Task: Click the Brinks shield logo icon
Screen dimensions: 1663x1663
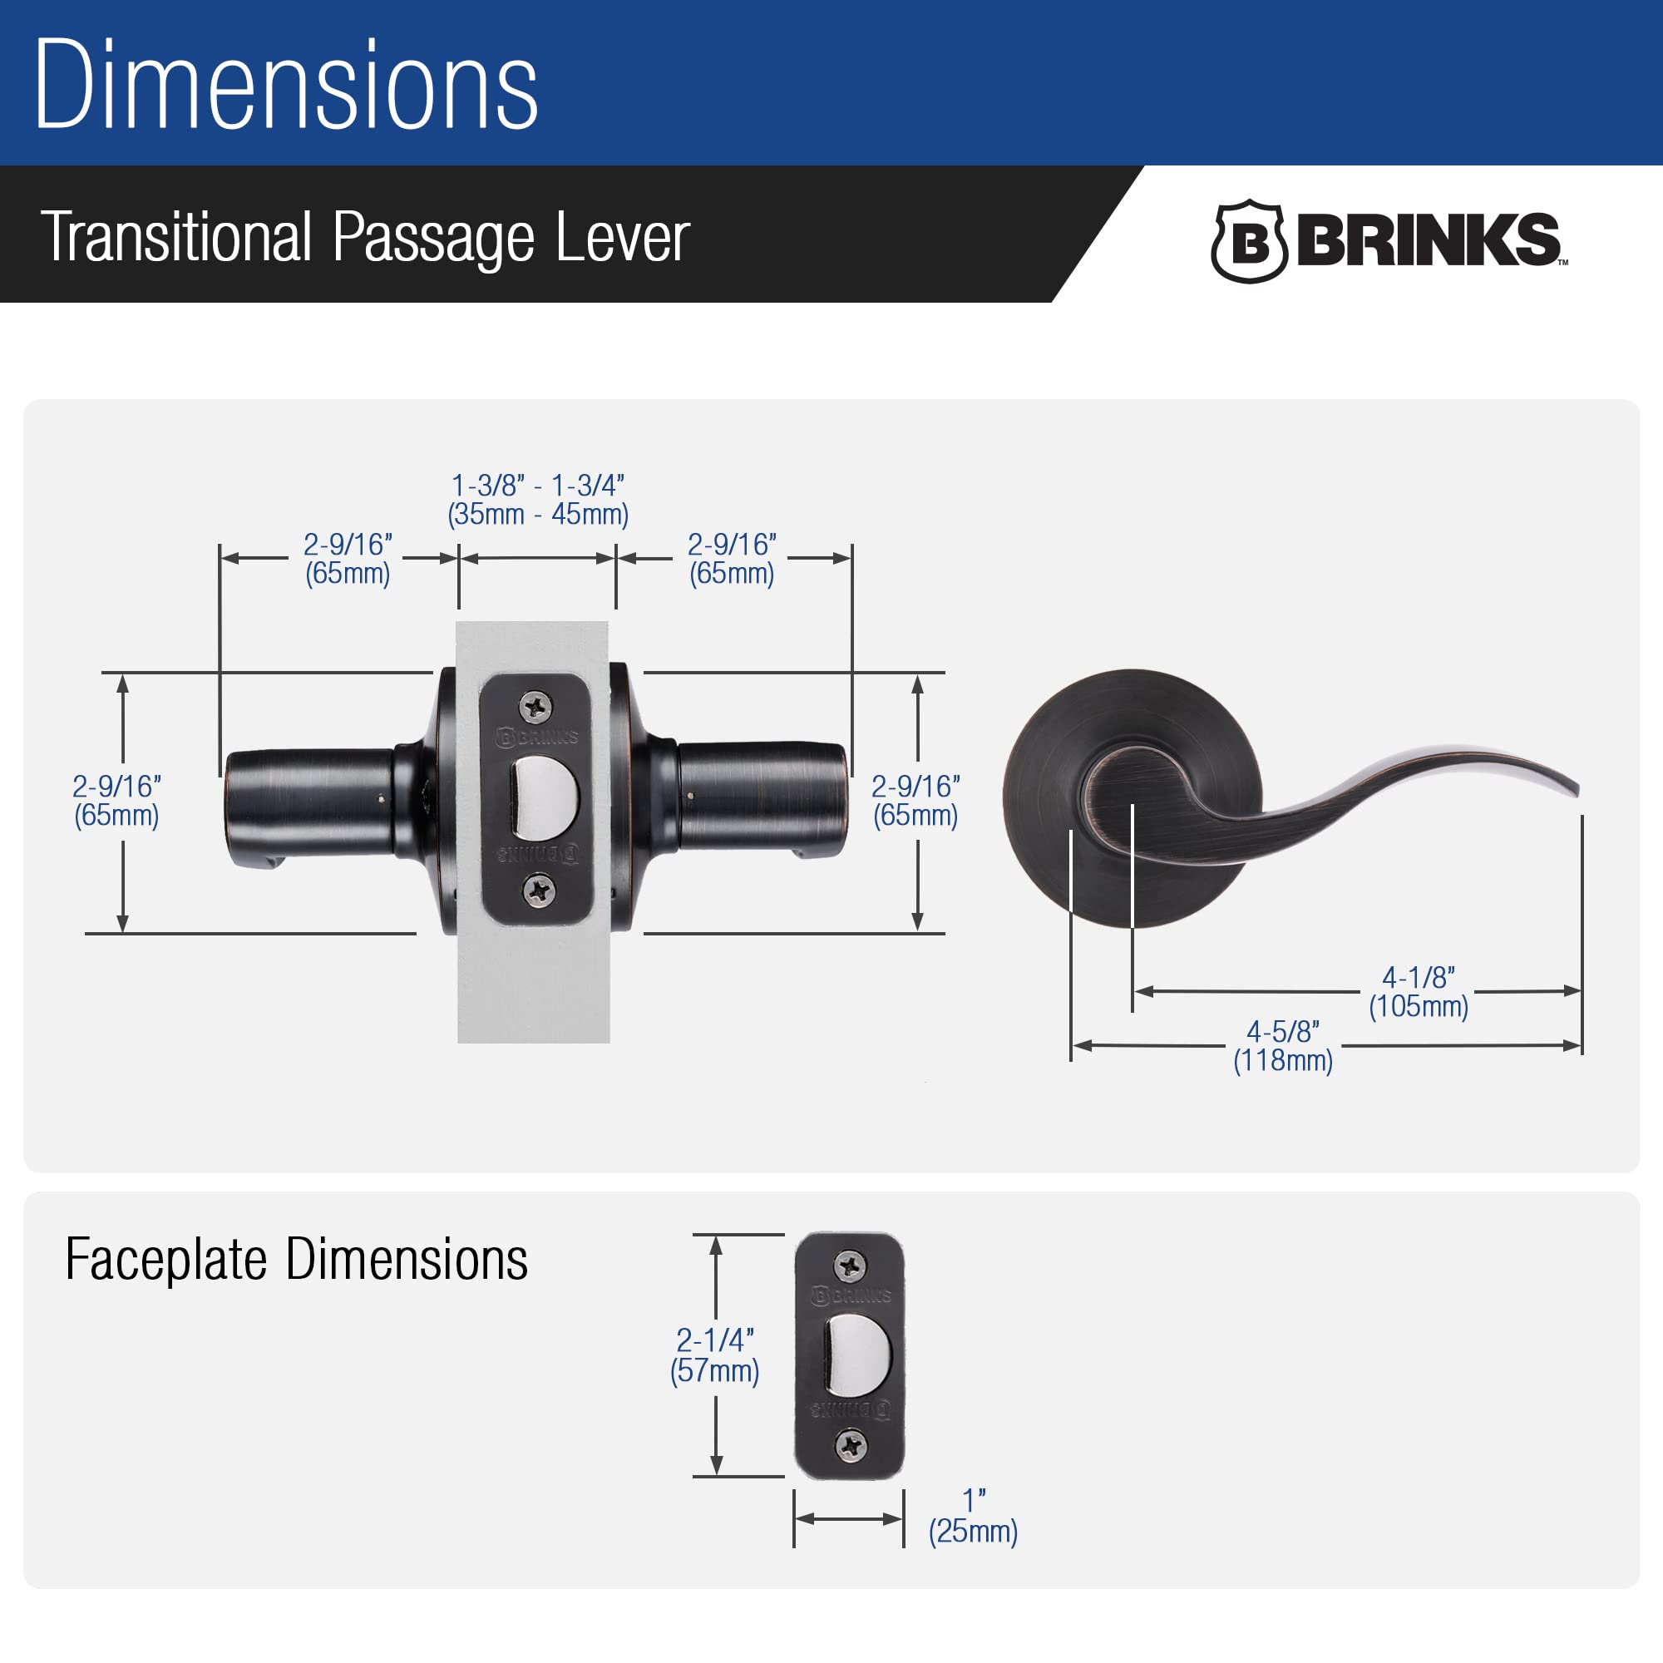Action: pyautogui.click(x=1249, y=242)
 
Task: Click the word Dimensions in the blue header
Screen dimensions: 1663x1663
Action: pyautogui.click(x=286, y=86)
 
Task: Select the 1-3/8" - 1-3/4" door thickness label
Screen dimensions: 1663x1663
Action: pyautogui.click(x=538, y=499)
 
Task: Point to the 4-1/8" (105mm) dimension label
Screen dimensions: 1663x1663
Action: pyautogui.click(x=1418, y=992)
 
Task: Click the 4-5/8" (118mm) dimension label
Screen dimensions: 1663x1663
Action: pyautogui.click(x=1282, y=1046)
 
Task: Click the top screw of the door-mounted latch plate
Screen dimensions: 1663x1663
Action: pyautogui.click(x=535, y=708)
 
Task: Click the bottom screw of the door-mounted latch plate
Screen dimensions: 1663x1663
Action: pyautogui.click(x=540, y=889)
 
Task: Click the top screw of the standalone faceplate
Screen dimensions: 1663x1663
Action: pyautogui.click(x=851, y=1266)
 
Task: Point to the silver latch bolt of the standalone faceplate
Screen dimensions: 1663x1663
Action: pyautogui.click(x=856, y=1355)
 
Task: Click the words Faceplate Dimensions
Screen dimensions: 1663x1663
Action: pyautogui.click(x=296, y=1259)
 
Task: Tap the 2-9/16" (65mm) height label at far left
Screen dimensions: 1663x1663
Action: pyautogui.click(x=116, y=801)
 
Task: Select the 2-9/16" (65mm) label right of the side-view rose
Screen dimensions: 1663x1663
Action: pyautogui.click(x=915, y=801)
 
